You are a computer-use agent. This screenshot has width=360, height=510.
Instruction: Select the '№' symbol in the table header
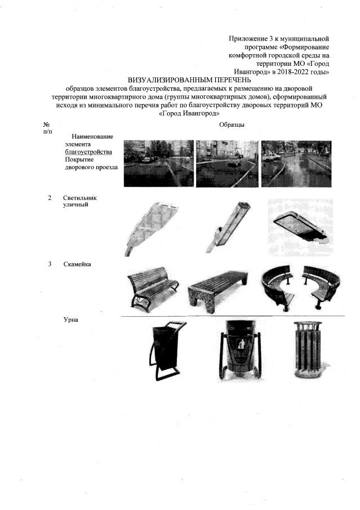coord(46,125)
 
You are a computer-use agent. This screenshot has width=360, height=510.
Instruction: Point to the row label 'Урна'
coord(71,320)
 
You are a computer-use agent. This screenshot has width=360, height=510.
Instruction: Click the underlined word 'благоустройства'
coord(88,152)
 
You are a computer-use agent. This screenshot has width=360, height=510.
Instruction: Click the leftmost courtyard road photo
coord(157,163)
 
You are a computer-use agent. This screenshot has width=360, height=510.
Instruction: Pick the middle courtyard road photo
coord(226,163)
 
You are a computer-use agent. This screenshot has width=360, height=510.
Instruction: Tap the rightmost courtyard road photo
coord(296,163)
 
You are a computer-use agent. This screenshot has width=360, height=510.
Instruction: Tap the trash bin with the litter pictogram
coord(239,348)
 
